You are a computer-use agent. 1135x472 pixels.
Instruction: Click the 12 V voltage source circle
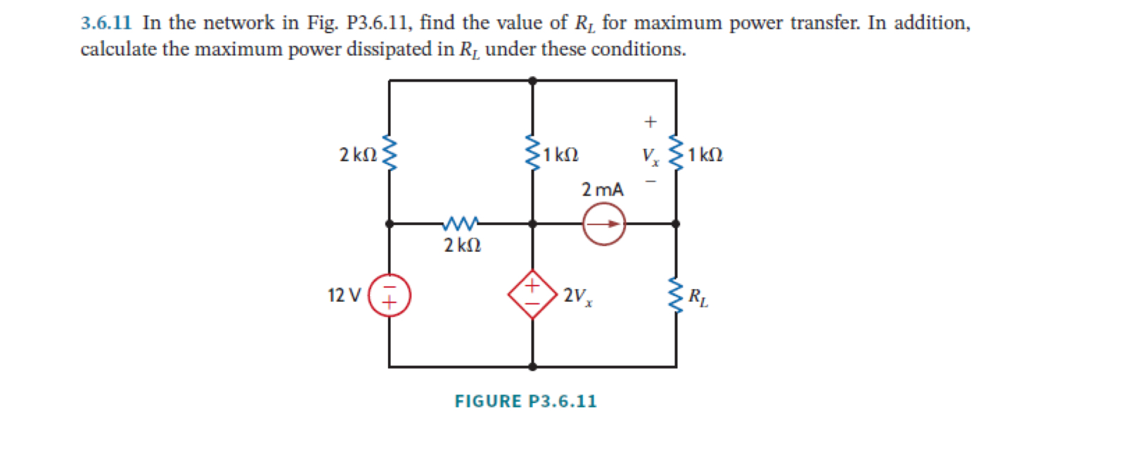389,295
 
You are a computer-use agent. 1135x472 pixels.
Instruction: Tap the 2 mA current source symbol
603,224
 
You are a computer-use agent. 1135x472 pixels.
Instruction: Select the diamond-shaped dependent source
532,295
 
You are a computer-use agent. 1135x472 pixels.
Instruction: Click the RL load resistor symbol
675,295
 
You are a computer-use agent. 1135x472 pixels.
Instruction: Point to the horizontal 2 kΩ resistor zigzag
461,224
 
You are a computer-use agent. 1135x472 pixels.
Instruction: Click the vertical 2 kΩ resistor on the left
389,153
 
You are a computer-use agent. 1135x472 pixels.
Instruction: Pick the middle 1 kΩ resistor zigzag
532,153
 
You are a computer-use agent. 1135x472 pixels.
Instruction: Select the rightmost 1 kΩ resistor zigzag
675,153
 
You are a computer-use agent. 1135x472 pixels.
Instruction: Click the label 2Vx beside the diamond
577,296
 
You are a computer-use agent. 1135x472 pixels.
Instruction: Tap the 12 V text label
344,295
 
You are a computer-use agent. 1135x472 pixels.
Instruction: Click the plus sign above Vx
650,122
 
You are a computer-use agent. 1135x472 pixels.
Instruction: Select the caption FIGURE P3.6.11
525,402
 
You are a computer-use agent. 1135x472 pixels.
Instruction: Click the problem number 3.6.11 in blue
106,23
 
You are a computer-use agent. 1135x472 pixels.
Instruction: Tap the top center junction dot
532,81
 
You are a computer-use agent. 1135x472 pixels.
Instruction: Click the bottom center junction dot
532,366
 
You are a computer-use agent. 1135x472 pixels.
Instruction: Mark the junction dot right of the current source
675,224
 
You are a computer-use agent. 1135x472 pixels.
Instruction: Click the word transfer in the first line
825,23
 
